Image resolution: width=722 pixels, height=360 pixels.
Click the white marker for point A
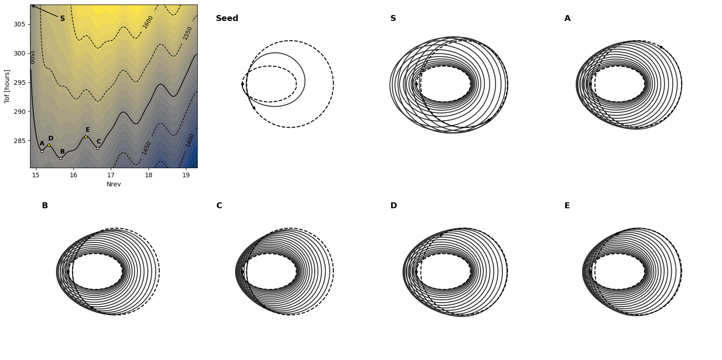click(42, 151)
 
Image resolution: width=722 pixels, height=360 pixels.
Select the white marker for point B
click(61, 158)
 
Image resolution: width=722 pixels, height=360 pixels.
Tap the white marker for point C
click(97, 149)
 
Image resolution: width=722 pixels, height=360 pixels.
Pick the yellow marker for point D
click(49, 145)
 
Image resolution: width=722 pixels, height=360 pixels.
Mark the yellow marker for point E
click(86, 137)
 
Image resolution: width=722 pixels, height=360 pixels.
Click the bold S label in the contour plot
click(62, 19)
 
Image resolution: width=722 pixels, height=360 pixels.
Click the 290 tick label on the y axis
click(19, 112)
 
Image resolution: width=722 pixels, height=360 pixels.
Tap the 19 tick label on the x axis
click(186, 175)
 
